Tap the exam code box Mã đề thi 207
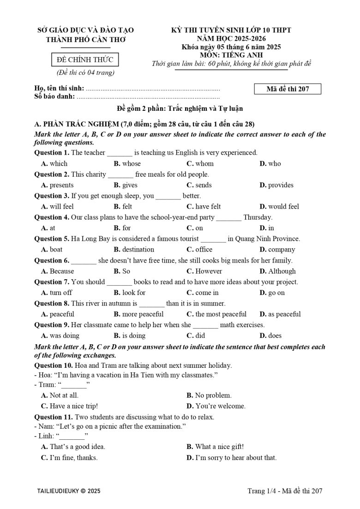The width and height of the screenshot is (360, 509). [x=288, y=90]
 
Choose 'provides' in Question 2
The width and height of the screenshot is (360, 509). [x=281, y=185]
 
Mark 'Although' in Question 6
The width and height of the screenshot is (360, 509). [x=282, y=271]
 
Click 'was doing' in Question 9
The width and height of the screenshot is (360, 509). [x=64, y=335]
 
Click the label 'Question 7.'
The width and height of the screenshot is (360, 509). [x=52, y=282]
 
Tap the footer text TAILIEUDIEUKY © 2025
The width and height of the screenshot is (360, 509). [x=69, y=491]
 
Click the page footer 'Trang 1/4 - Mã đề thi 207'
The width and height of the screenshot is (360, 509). [x=285, y=491]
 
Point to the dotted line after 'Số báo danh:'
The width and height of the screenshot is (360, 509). [x=148, y=97]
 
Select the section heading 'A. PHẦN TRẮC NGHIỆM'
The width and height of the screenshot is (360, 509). [x=76, y=124]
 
